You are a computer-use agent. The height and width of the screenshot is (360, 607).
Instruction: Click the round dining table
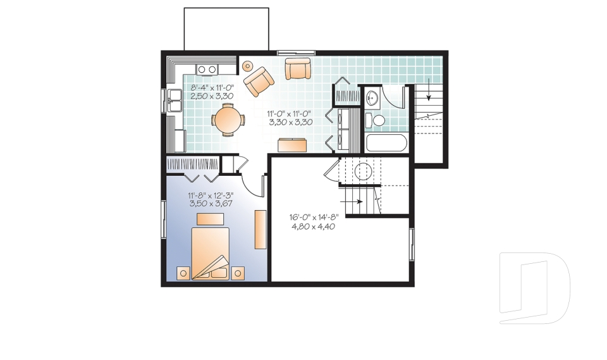point(228,120)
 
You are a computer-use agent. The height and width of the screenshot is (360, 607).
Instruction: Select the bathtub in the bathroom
point(386,144)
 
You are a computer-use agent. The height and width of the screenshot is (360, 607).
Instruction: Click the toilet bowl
point(375,120)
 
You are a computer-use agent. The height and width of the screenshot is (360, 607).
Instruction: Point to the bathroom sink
point(372,97)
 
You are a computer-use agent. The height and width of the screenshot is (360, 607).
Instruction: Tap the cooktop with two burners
point(207,70)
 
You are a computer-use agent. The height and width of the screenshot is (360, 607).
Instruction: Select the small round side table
point(247,66)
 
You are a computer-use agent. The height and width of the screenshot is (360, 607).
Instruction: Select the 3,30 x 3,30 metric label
point(291,122)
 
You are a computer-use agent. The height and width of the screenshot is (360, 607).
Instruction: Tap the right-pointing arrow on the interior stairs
point(352,201)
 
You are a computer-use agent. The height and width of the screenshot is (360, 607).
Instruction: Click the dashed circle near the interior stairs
point(363,171)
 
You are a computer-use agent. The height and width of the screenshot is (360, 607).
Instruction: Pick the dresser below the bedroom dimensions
point(210,219)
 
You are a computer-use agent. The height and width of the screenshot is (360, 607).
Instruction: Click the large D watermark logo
point(535,288)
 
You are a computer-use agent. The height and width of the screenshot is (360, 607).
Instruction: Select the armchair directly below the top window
point(298,68)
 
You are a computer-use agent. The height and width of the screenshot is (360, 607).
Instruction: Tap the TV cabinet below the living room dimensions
point(292,144)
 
